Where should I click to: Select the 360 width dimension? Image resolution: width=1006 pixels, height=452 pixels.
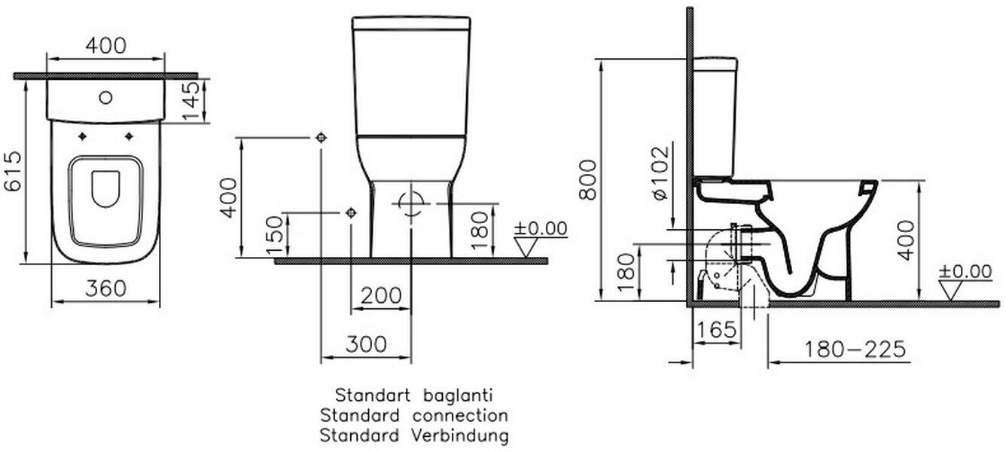tap(105, 289)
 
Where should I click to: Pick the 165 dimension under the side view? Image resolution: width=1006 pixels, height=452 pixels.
tap(715, 329)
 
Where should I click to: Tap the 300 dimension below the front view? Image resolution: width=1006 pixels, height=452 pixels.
tap(366, 344)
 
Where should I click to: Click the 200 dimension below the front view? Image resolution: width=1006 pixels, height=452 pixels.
tap(380, 296)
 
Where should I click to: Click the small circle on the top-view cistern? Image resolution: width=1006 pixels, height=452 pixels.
tap(106, 97)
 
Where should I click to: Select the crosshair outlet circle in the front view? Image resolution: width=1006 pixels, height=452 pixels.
tap(411, 203)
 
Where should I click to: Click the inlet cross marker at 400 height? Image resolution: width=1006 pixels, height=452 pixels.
tap(322, 138)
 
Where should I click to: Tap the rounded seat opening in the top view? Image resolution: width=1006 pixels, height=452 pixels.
tap(105, 191)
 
